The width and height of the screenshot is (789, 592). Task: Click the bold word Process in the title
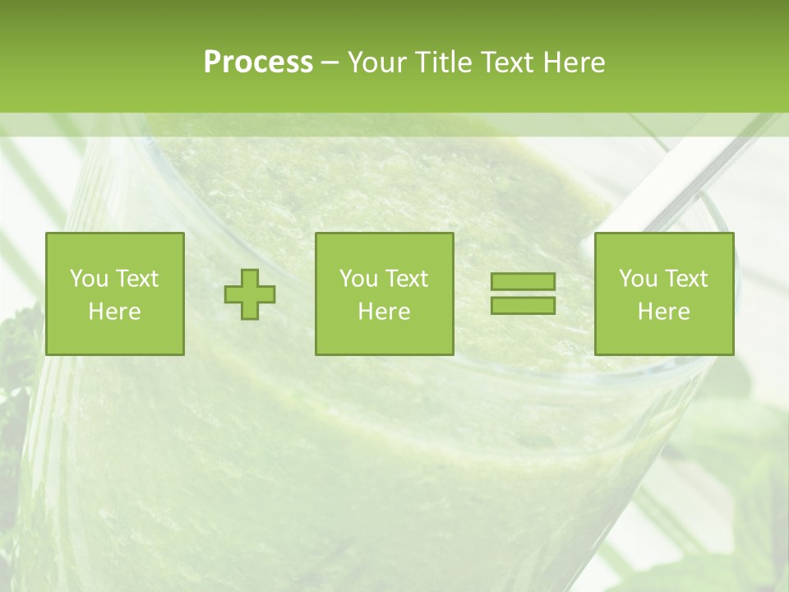[258, 62]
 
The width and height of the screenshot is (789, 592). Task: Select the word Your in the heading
[377, 62]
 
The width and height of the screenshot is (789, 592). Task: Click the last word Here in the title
[574, 62]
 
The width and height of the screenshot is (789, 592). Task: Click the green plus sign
[250, 294]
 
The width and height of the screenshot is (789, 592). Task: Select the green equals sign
[523, 294]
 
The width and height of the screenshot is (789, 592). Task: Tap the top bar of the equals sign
[523, 282]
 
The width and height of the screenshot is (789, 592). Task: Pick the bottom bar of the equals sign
[523, 305]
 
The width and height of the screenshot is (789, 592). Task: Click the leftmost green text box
[115, 294]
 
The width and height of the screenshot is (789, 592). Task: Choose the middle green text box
[384, 294]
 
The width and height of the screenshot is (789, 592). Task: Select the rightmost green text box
[663, 294]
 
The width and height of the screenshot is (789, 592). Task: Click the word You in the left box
[88, 279]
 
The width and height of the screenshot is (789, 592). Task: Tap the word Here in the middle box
[384, 312]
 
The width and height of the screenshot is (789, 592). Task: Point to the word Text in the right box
[686, 279]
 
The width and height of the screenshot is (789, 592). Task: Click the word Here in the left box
[115, 312]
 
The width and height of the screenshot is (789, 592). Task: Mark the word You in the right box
[637, 279]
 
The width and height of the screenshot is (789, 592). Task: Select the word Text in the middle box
[407, 279]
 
